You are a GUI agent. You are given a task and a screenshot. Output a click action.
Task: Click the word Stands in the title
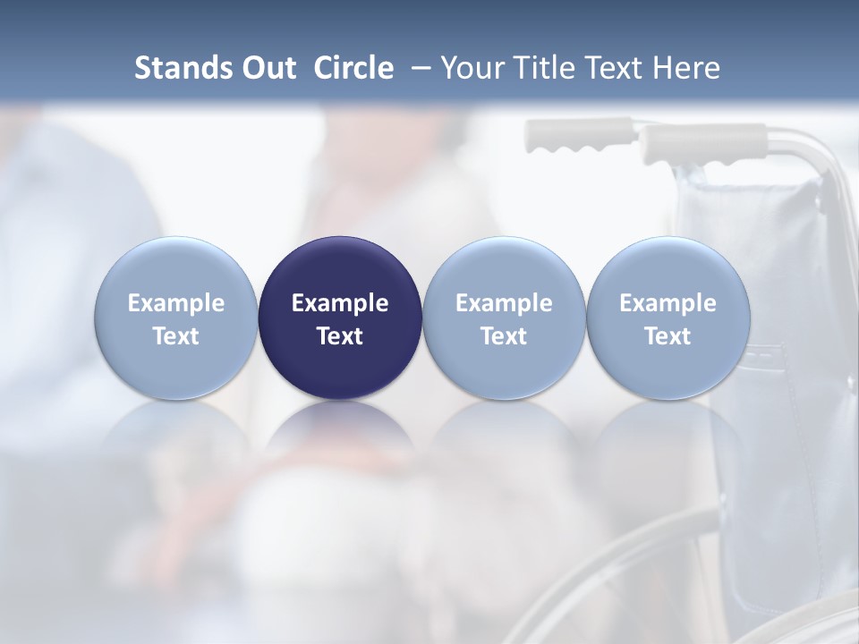click(x=183, y=68)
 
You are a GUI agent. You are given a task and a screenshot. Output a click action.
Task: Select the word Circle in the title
click(x=353, y=68)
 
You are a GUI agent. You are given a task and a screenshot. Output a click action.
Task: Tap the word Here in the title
click(x=687, y=68)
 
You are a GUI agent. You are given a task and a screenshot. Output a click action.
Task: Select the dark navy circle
click(x=340, y=268)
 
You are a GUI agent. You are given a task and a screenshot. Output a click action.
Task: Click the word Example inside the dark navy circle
click(x=340, y=303)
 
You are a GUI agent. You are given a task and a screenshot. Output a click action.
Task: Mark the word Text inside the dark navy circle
click(x=340, y=336)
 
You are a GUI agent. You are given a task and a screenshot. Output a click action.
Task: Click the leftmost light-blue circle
click(x=176, y=268)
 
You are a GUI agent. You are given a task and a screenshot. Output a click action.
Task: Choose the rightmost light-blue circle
click(x=668, y=268)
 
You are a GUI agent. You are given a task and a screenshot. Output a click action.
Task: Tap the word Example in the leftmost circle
click(x=176, y=303)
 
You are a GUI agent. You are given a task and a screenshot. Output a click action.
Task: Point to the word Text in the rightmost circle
click(x=668, y=336)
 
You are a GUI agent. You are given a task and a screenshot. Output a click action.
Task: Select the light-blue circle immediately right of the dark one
click(x=504, y=268)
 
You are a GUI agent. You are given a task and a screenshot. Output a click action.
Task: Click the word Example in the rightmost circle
click(x=668, y=303)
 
